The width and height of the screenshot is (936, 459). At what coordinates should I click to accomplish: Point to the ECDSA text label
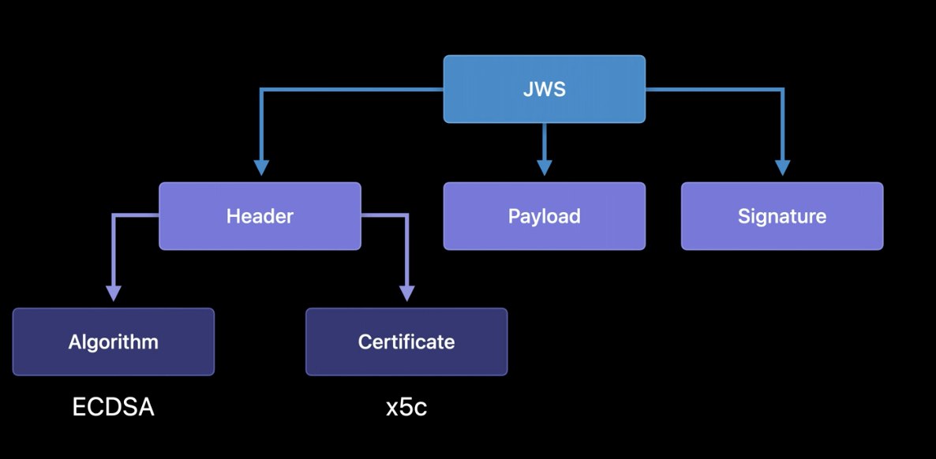[113, 407]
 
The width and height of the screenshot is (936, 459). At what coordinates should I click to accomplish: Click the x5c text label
[406, 408]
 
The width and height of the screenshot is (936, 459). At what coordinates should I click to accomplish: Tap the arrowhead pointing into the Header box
[261, 167]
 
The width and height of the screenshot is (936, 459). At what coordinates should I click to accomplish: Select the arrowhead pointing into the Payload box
[544, 166]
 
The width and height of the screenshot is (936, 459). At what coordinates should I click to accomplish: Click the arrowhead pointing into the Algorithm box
[114, 293]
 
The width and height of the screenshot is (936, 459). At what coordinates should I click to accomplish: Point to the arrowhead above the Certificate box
[406, 293]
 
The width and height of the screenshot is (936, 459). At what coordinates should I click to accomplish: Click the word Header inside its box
[260, 216]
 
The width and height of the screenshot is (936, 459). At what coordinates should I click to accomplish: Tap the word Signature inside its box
[781, 216]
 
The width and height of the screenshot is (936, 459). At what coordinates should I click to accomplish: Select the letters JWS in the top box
[544, 89]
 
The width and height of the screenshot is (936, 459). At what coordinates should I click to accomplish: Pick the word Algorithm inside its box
[113, 341]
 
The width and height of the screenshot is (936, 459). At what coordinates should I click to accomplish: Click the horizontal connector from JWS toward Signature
[714, 90]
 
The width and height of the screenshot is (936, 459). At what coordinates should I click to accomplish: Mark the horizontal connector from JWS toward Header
[351, 90]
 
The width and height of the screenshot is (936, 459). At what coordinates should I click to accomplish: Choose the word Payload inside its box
[544, 216]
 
